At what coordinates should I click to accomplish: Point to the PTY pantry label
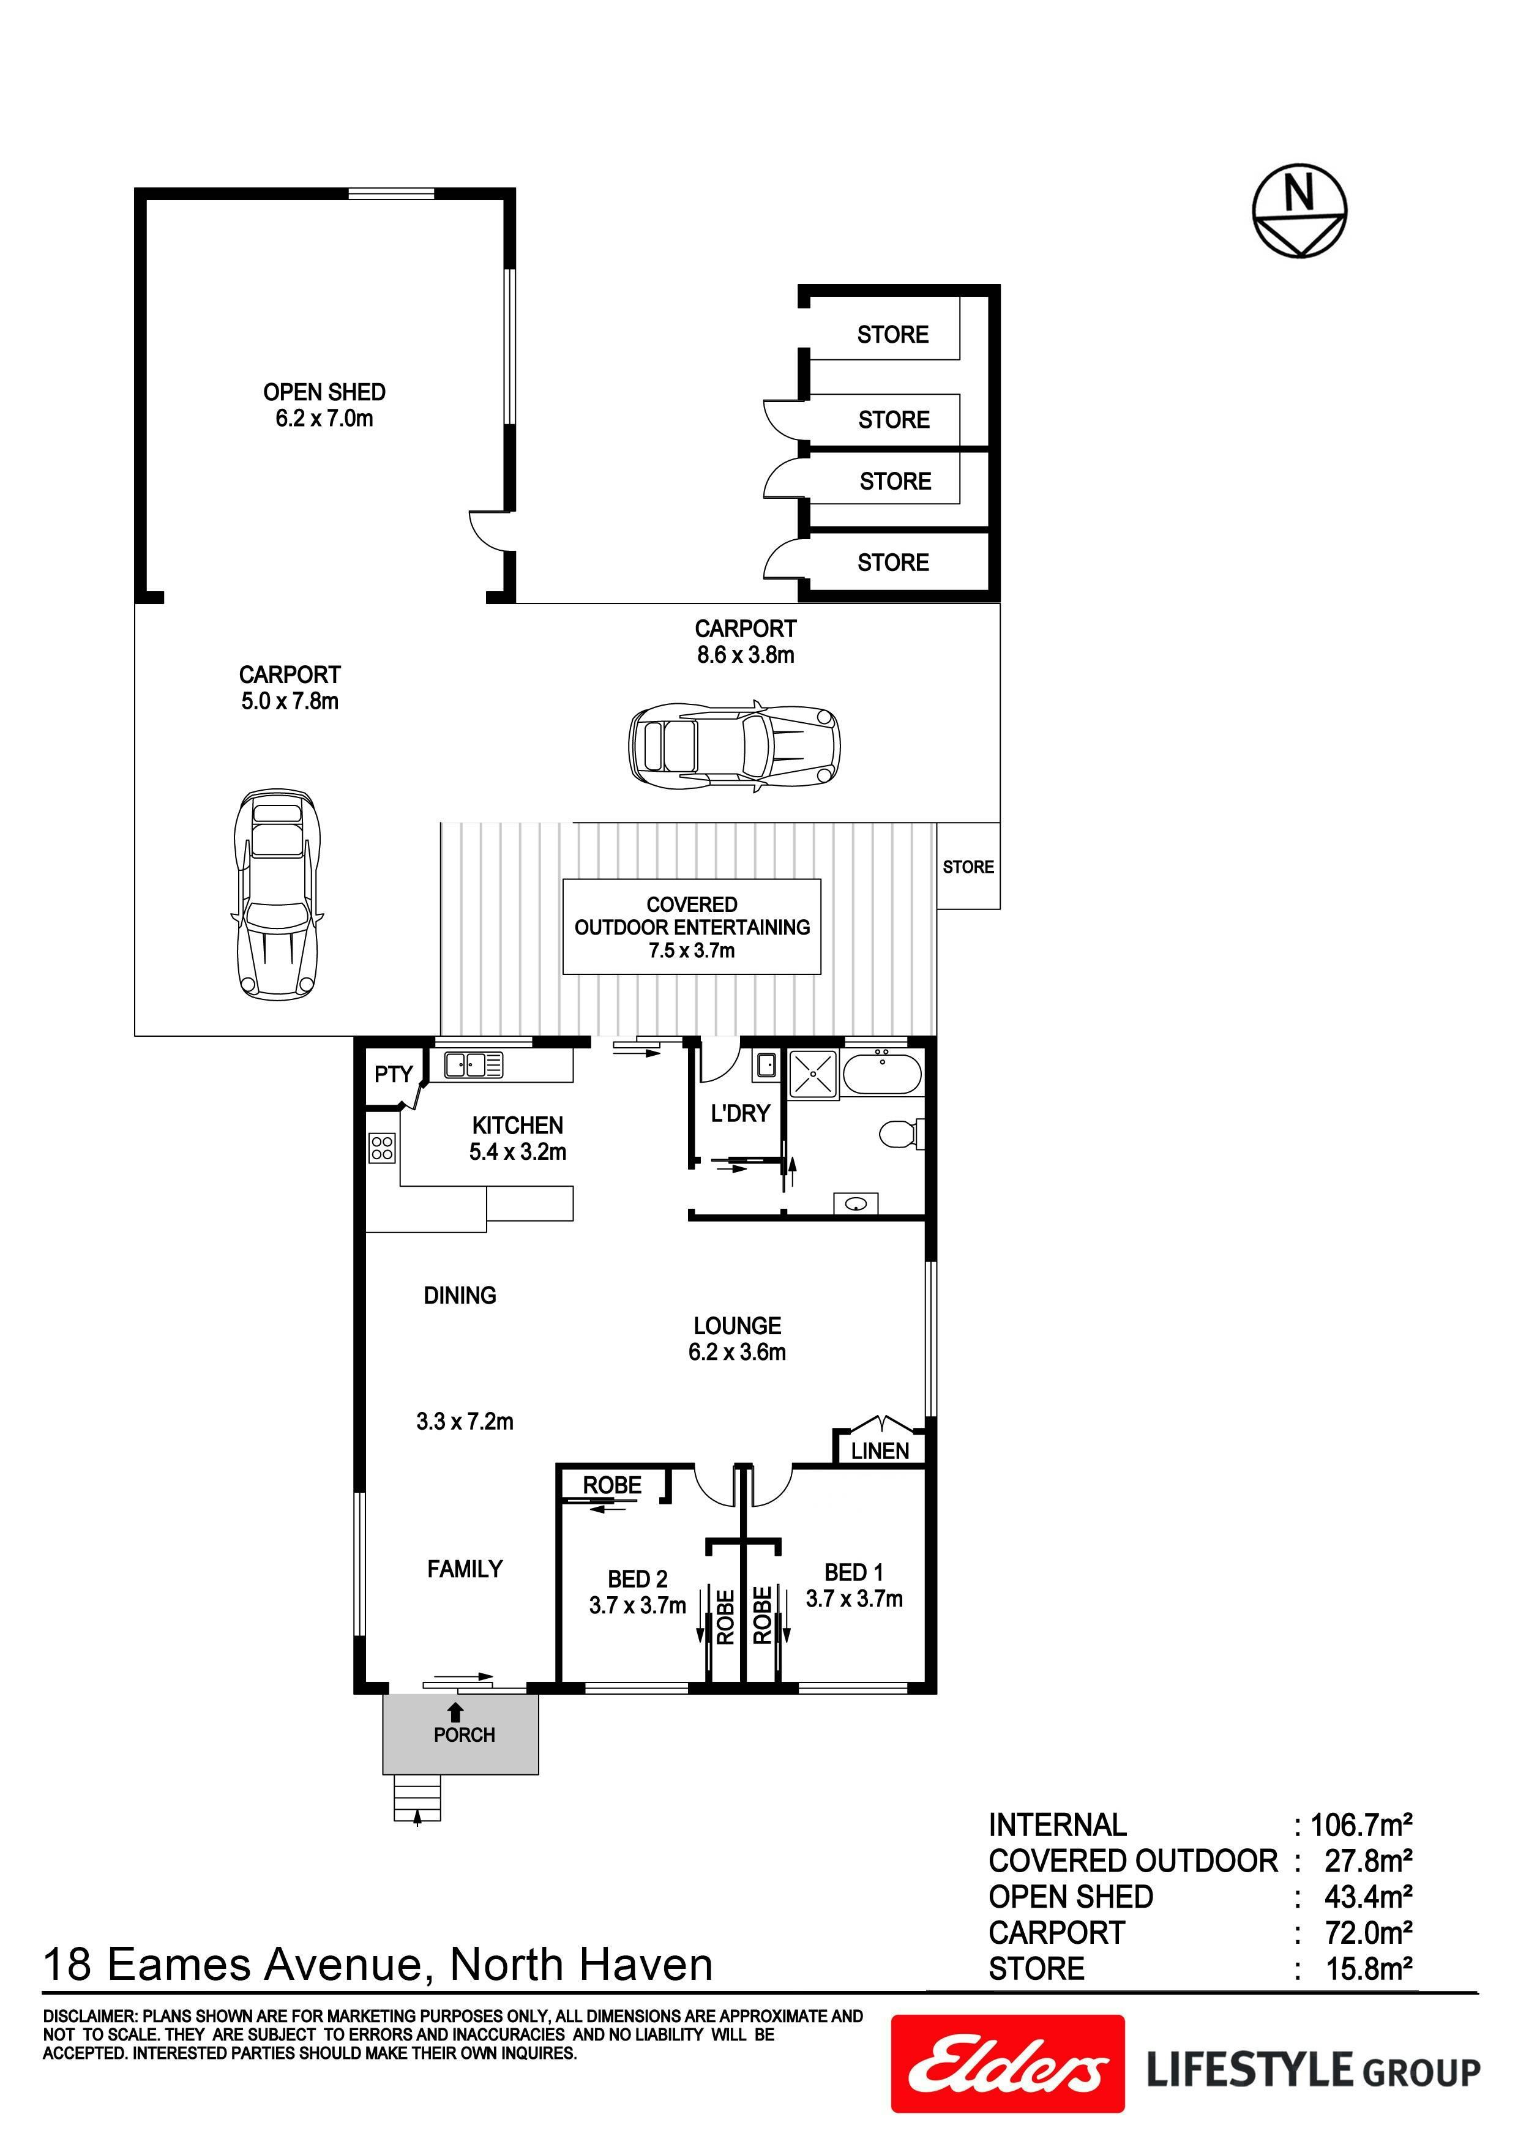pyautogui.click(x=393, y=1075)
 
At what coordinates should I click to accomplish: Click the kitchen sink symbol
pyautogui.click(x=473, y=1065)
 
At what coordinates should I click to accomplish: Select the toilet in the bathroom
pyautogui.click(x=900, y=1134)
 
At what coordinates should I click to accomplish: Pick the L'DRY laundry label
pyautogui.click(x=740, y=1114)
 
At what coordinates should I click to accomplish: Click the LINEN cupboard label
pyautogui.click(x=879, y=1451)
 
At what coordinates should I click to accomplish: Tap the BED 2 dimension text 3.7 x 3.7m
pyautogui.click(x=637, y=1605)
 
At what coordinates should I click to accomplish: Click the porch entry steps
pyautogui.click(x=417, y=1799)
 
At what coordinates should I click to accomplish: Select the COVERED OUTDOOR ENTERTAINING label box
pyautogui.click(x=691, y=927)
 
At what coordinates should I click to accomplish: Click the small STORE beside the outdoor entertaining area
pyautogui.click(x=968, y=867)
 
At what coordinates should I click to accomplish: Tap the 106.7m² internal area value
pyautogui.click(x=1361, y=1824)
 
